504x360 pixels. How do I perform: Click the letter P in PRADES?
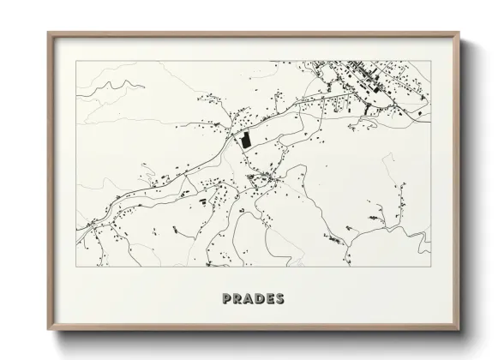[227, 299]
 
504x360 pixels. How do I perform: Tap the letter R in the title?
[237, 299]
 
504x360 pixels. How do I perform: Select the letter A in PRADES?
[247, 299]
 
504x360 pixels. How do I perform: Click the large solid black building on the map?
[245, 141]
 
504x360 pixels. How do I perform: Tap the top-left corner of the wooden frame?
[49, 33]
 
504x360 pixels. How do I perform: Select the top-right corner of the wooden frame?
[459, 33]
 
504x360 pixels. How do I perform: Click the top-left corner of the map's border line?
[76, 61]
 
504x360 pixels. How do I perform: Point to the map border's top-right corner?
[431, 61]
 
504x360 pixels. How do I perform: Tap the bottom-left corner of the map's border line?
[76, 267]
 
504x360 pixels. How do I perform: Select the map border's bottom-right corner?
[431, 267]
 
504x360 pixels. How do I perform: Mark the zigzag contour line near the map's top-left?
[120, 86]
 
